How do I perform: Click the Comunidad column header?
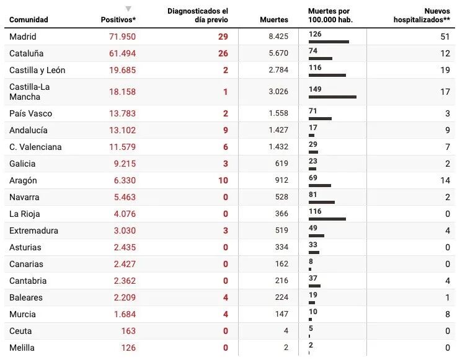click(29, 20)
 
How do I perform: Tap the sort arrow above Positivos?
click(128, 9)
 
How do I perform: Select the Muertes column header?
click(274, 20)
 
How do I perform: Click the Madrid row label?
click(23, 37)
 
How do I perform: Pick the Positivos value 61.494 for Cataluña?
click(122, 53)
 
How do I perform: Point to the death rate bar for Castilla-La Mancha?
click(332, 97)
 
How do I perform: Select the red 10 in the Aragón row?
click(223, 180)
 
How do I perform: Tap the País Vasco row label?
click(31, 113)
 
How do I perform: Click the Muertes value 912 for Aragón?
click(281, 180)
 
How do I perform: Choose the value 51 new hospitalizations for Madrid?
click(445, 37)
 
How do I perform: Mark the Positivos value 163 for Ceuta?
click(127, 331)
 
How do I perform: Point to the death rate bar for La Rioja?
click(327, 219)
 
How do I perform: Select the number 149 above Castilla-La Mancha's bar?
click(315, 89)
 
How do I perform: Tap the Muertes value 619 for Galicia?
click(281, 164)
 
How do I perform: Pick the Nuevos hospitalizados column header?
click(422, 15)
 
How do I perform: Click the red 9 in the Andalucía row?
click(225, 130)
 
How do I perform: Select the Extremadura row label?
click(33, 230)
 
